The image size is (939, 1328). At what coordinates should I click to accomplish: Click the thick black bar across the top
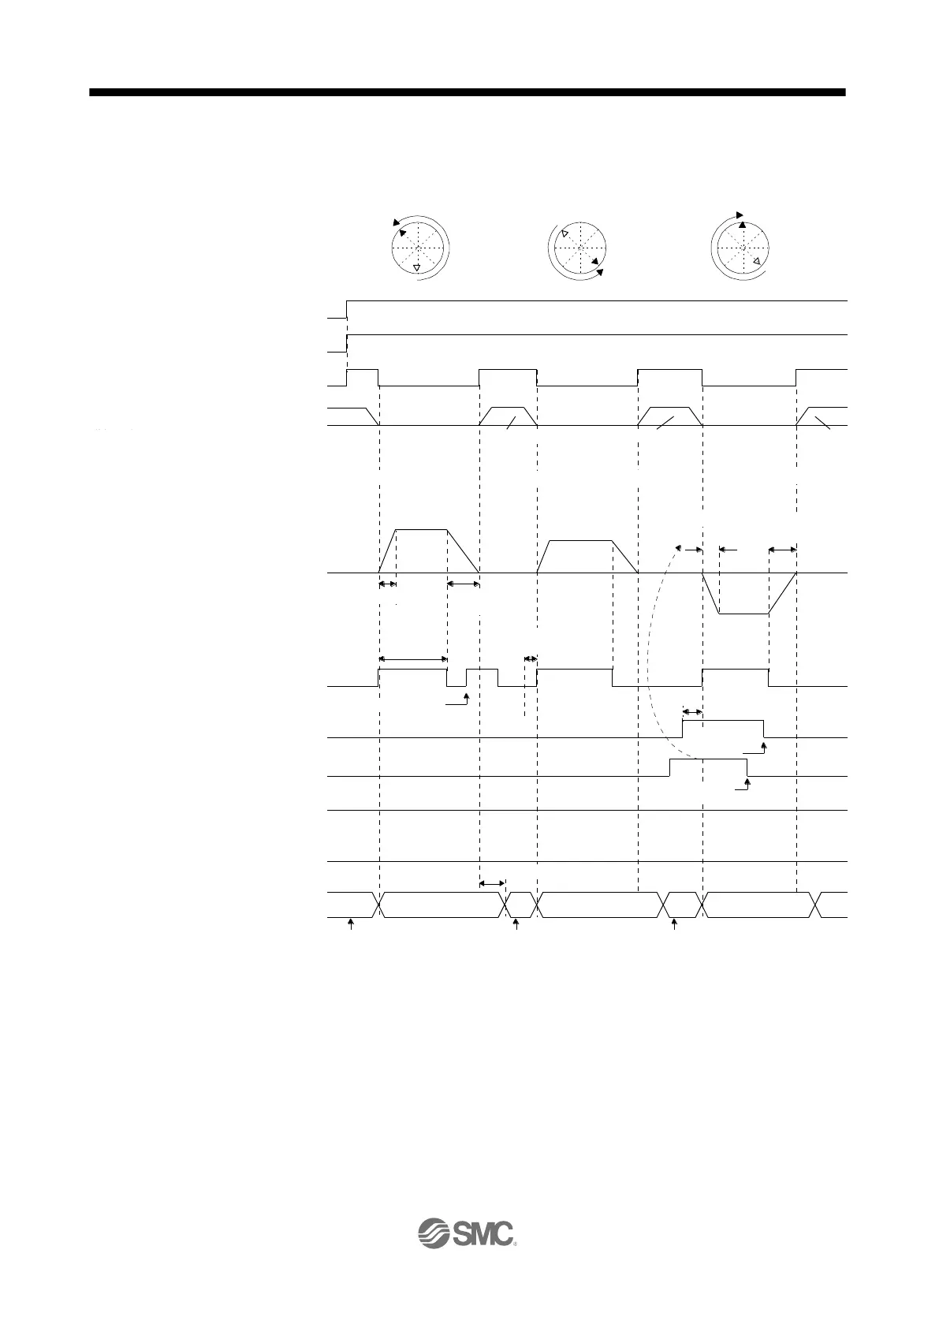click(467, 92)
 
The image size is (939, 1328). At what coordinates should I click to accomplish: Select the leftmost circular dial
click(419, 247)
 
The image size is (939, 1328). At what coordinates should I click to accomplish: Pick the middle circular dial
click(579, 248)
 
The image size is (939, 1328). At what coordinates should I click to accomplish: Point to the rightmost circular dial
click(742, 247)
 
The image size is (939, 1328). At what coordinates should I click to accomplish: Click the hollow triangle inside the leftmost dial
click(416, 268)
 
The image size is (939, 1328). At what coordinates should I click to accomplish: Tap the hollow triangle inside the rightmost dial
click(756, 260)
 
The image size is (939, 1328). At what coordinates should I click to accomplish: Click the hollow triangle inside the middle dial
click(565, 233)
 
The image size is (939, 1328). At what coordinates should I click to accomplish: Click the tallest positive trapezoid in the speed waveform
click(422, 548)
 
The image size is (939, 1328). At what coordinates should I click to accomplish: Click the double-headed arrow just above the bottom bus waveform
click(492, 883)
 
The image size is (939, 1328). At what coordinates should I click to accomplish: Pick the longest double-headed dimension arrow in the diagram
click(413, 658)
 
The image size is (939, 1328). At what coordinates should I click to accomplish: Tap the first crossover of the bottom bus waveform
click(378, 905)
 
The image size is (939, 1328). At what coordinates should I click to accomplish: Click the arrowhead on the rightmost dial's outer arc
click(740, 214)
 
